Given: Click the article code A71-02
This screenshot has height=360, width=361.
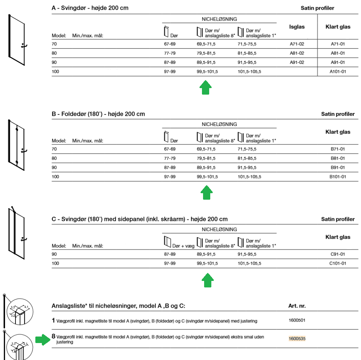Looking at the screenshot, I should (297, 44).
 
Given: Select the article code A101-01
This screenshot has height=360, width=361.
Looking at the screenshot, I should (338, 71).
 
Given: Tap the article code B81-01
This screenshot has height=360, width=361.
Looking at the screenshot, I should (338, 158).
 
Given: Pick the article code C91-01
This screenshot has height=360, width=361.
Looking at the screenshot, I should (338, 254).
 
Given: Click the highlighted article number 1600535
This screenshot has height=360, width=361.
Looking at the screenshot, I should (297, 339).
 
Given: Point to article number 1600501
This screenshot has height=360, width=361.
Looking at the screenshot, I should (297, 320).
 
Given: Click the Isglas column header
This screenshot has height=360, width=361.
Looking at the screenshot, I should (297, 27).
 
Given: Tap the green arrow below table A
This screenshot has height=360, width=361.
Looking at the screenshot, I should (206, 88).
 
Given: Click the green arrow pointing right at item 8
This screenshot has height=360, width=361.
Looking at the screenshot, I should (43, 339).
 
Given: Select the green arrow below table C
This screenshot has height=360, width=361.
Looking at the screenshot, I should (206, 280).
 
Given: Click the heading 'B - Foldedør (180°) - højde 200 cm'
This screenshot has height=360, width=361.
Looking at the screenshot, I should (98, 114).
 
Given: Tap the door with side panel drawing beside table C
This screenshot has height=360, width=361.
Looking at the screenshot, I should (17, 231).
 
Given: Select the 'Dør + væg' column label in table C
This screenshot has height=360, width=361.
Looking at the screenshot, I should (183, 246).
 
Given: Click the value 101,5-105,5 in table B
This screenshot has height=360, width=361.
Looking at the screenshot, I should (250, 177).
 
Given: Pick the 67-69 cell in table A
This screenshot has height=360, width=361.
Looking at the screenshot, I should (170, 44).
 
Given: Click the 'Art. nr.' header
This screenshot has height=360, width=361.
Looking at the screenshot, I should (297, 306).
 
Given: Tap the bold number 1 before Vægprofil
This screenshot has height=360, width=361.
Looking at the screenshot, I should (53, 320).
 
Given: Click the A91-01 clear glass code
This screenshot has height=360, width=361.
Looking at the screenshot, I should (338, 62).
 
